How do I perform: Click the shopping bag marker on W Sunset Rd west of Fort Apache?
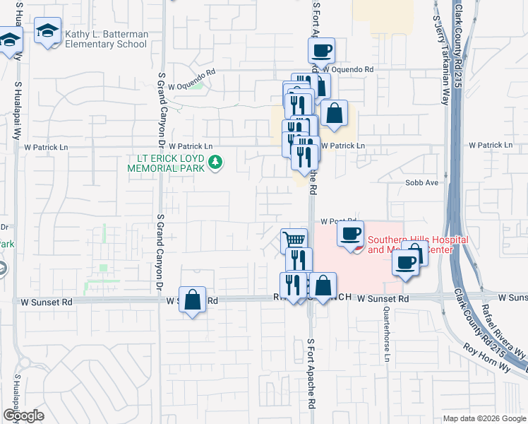tap(192, 299)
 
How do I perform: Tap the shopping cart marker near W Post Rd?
tap(294, 240)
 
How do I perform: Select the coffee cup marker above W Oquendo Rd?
tap(321, 51)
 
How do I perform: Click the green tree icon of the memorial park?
tap(215, 165)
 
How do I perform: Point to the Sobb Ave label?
tap(421, 182)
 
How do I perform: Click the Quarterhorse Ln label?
tap(387, 335)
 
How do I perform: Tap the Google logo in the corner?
tap(23, 416)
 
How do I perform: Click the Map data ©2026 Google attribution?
tap(484, 418)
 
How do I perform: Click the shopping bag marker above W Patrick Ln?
tap(335, 113)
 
